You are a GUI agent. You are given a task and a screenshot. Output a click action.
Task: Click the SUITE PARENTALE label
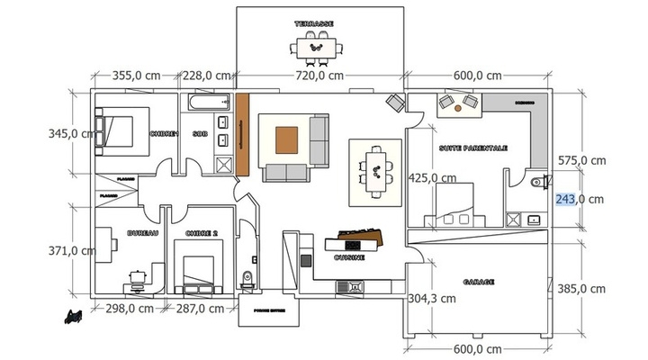[x=473, y=148]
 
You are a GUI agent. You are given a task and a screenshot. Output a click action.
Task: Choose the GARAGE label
[x=479, y=282]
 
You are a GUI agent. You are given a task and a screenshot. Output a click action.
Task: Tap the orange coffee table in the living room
[x=287, y=139]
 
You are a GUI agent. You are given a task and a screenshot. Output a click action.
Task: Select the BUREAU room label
[x=142, y=233]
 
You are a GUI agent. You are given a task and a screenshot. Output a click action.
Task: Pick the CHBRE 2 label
[x=202, y=233]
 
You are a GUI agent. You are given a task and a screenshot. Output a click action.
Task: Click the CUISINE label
[x=349, y=257]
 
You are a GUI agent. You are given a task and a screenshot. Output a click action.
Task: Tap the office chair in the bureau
[x=137, y=277]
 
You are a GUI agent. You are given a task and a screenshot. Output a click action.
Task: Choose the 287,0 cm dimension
[x=200, y=309]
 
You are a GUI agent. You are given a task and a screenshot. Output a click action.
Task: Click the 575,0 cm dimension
[x=580, y=160]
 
